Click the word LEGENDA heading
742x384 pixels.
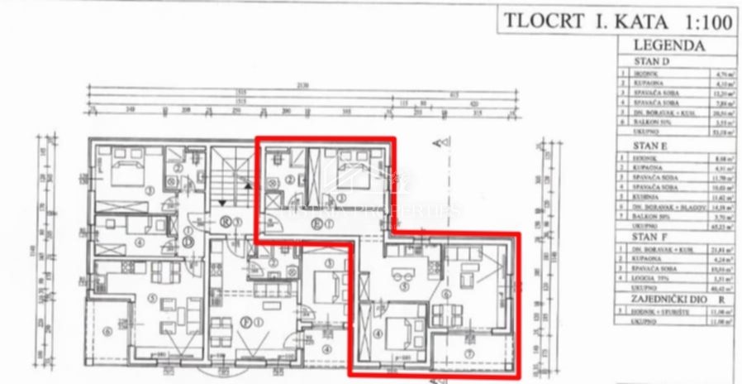668,46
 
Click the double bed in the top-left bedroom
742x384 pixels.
123,171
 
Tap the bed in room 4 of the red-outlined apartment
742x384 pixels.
401,329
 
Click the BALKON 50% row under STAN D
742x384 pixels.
650,121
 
